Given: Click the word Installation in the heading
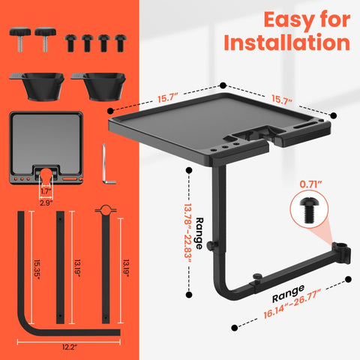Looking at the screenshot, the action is (x=286, y=43).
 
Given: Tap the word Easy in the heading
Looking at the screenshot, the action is (x=286, y=20).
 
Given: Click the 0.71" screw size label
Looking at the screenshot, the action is (x=310, y=184).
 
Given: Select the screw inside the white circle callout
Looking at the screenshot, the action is (x=309, y=210).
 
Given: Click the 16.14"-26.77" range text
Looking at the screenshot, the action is (x=292, y=304).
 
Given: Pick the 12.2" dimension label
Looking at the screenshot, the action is (x=70, y=347).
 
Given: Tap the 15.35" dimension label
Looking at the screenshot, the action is (x=37, y=269).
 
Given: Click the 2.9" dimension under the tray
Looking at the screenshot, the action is (x=46, y=202).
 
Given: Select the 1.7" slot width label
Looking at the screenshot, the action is (x=46, y=191).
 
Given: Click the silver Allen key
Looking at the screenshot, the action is (x=107, y=164).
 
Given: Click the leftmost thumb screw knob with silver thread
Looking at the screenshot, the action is (x=20, y=39).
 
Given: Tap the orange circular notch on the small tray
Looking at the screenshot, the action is (x=46, y=174).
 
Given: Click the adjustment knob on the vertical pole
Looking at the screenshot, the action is (x=213, y=244).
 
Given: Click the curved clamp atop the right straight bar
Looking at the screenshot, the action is (x=106, y=209).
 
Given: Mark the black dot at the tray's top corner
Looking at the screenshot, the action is (x=223, y=85).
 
